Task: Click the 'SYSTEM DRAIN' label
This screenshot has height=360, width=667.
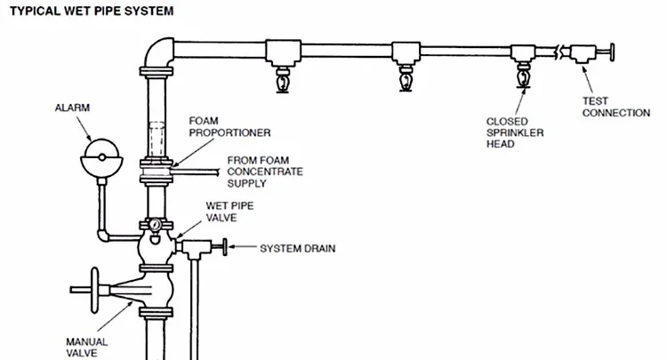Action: (x=297, y=248)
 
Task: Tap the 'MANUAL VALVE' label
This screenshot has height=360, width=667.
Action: (x=88, y=346)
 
